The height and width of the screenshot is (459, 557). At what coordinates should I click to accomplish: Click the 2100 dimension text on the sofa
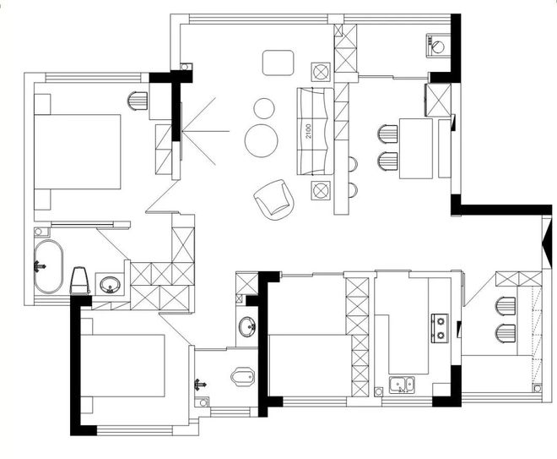308,131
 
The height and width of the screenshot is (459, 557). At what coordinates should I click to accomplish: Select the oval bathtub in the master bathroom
48,266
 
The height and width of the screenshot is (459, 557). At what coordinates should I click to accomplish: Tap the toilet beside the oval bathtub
80,281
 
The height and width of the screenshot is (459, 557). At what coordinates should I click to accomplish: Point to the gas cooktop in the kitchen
440,328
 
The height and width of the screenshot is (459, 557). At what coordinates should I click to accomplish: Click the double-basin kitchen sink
402,385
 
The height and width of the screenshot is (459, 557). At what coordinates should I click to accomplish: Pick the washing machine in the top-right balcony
438,45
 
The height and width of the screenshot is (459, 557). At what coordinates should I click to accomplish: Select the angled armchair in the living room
274,199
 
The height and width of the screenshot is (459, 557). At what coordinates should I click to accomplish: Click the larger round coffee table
262,140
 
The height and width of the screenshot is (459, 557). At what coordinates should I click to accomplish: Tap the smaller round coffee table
264,108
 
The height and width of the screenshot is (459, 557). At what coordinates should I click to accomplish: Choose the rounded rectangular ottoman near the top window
278,63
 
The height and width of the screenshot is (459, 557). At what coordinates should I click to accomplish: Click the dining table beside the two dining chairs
416,149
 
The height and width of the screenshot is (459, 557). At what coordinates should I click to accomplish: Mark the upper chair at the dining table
387,134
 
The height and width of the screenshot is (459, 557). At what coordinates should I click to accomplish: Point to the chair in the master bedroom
138,101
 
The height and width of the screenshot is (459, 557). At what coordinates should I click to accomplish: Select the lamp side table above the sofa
321,72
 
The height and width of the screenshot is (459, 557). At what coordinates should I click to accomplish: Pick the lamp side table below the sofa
321,190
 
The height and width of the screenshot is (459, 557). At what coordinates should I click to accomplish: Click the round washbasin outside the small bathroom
247,326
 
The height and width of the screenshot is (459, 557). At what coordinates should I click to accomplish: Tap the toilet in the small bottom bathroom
243,377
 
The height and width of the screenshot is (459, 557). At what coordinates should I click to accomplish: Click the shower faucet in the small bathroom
200,385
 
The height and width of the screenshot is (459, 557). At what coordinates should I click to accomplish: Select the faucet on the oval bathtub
40,266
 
